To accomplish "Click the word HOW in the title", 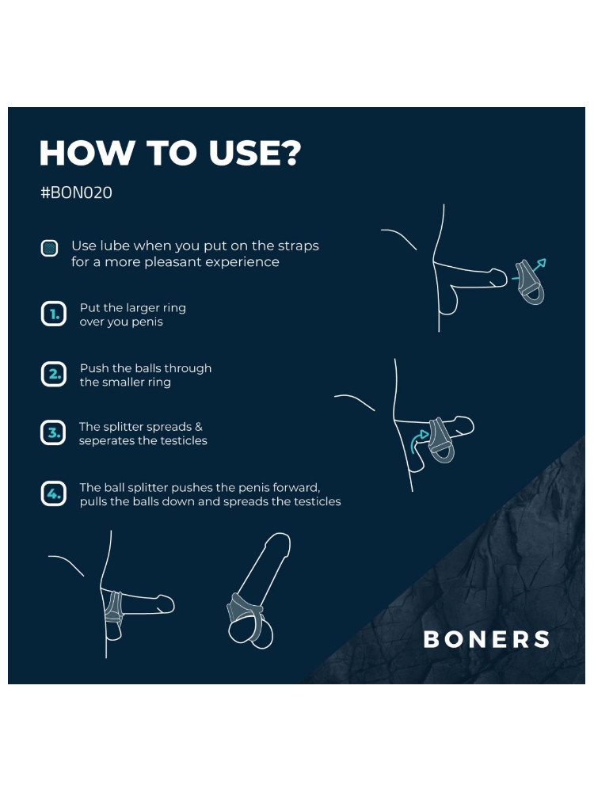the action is [x=86, y=153].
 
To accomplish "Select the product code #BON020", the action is [x=76, y=192].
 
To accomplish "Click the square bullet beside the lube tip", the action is [x=49, y=248].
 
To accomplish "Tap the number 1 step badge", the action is [x=54, y=314].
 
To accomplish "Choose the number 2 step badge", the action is [x=54, y=375].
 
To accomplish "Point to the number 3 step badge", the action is [x=54, y=433].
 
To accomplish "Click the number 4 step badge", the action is [x=54, y=493].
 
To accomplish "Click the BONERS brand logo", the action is [x=486, y=639].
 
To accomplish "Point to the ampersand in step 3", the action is [x=199, y=427].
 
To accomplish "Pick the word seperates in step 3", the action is [x=102, y=441].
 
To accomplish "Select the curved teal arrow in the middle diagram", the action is [x=417, y=440].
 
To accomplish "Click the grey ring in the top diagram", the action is [x=530, y=284].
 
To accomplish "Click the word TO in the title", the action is [x=171, y=153].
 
